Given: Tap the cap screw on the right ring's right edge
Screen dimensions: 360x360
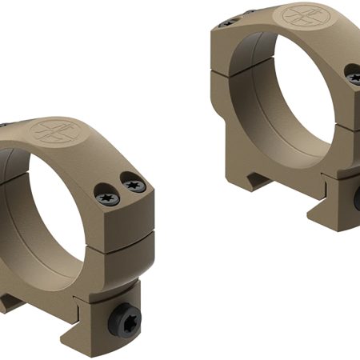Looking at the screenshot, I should [x=354, y=76].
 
